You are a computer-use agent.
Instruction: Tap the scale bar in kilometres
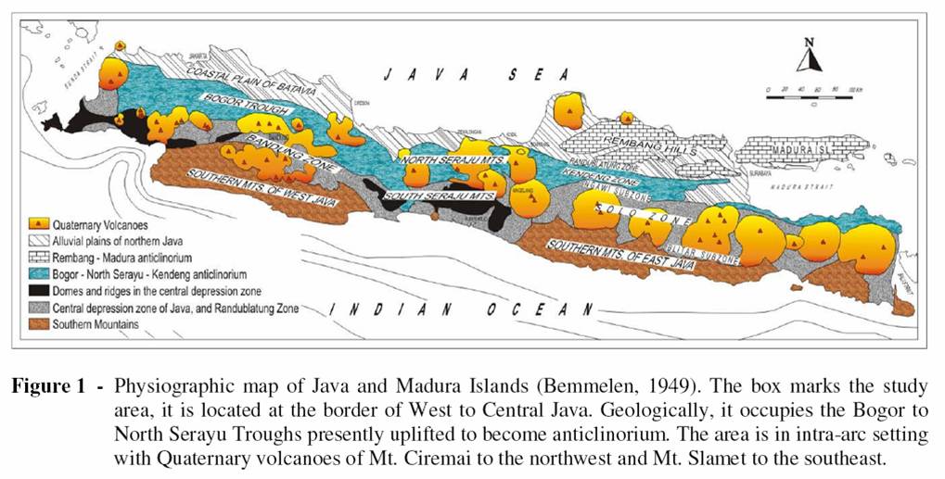tap(809, 93)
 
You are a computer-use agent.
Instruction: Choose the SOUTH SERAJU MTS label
tap(439, 196)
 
